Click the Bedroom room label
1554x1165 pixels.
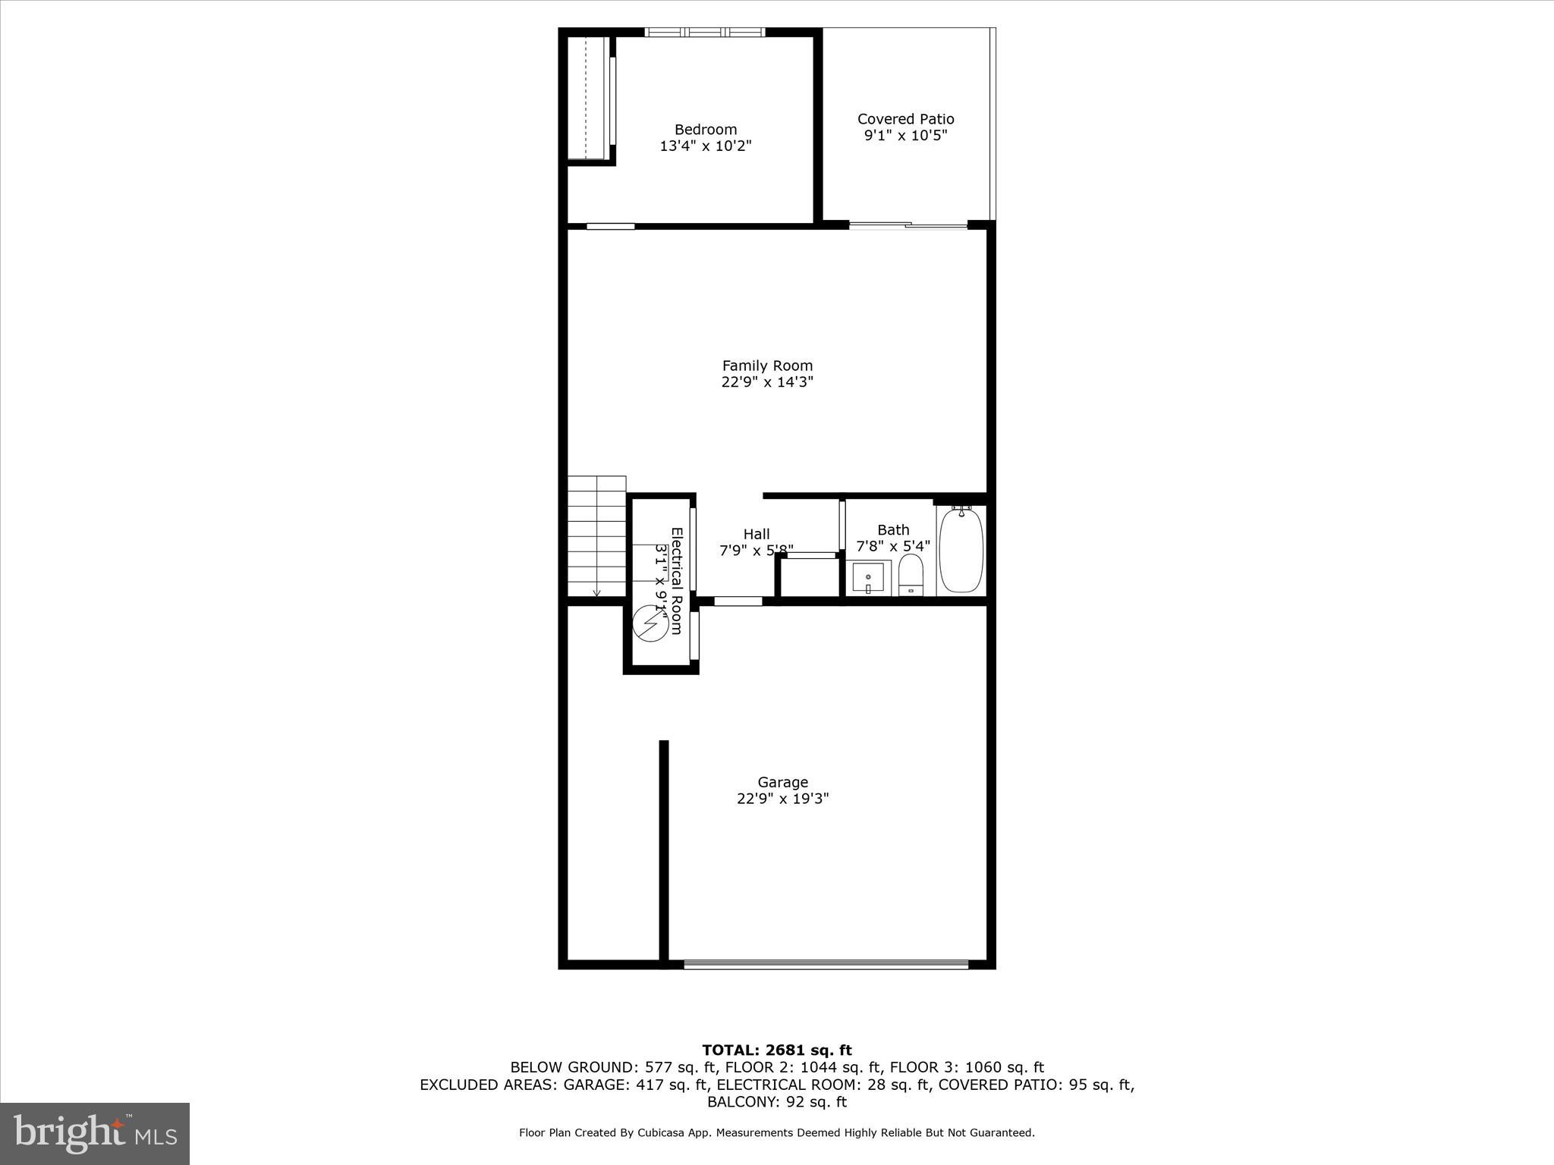coord(706,130)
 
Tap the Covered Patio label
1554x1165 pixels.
coord(905,119)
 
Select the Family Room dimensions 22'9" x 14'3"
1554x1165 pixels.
coord(767,382)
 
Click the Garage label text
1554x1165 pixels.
coord(782,782)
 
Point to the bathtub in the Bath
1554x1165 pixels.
coord(961,551)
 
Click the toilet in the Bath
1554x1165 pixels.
coord(911,574)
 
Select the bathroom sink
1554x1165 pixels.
coord(868,579)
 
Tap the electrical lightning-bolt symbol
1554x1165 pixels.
coord(650,623)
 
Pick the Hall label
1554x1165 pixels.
coord(756,534)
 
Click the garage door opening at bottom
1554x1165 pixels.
coord(826,965)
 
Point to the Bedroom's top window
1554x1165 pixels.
coord(704,33)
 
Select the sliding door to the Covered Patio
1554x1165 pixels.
coord(908,225)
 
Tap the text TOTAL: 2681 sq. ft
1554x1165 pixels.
coord(776,1050)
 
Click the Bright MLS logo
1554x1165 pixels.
coord(95,1134)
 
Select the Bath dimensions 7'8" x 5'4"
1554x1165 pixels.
coord(892,546)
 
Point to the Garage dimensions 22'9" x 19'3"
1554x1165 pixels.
coord(782,799)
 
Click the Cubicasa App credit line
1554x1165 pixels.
coord(776,1133)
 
